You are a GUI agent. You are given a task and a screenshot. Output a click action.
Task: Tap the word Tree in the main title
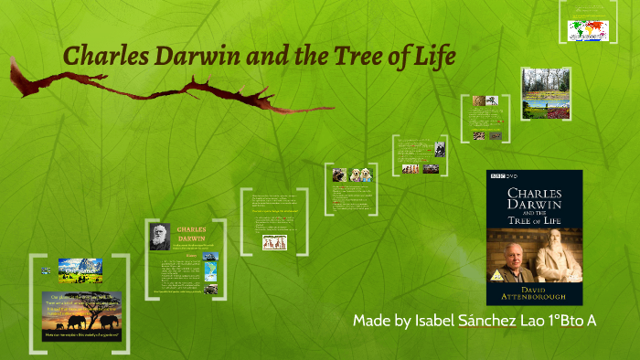click(x=349, y=56)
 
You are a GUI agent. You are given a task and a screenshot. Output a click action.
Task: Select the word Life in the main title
click(x=431, y=56)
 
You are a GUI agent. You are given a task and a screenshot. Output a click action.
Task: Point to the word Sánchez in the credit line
click(x=496, y=323)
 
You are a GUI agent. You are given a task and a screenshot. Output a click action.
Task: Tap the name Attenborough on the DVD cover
click(x=535, y=297)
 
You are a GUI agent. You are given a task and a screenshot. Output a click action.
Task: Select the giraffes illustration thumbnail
click(x=273, y=242)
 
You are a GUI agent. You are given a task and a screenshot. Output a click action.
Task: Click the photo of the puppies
click(x=353, y=174)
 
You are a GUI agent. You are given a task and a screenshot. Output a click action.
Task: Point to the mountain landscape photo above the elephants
click(x=80, y=269)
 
